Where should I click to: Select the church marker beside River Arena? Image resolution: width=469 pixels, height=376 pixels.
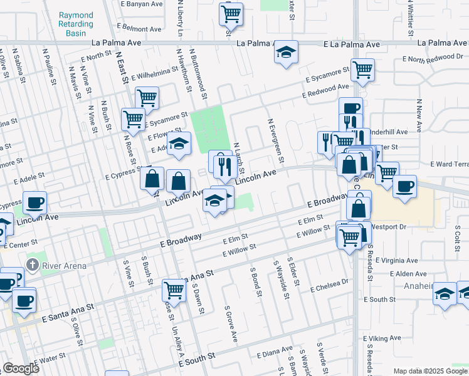click(32, 264)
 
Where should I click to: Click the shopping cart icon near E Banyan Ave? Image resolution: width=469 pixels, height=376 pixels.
click(231, 13)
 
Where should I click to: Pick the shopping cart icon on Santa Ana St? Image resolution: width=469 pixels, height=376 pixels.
click(174, 290)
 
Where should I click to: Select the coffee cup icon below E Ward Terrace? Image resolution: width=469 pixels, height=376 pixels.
click(405, 186)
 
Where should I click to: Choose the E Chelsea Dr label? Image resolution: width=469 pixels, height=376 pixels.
click(329, 285)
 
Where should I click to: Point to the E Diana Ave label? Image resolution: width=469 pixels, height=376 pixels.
click(275, 352)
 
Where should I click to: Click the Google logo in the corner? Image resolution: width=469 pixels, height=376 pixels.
click(21, 368)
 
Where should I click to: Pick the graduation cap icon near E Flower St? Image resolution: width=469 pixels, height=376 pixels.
click(179, 144)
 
